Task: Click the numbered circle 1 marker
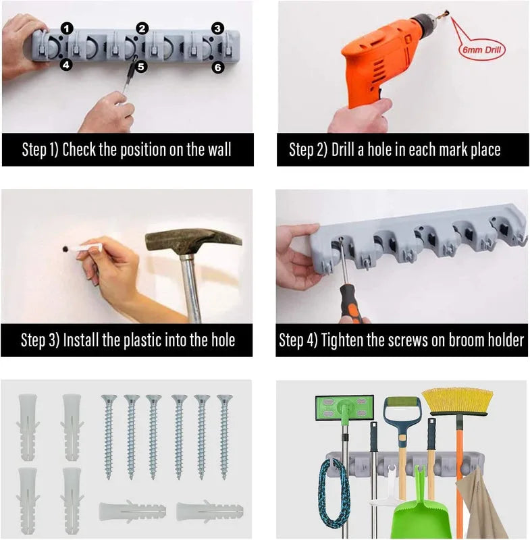pyautogui.click(x=67, y=28)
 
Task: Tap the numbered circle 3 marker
pyautogui.click(x=217, y=28)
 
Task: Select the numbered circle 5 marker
pyautogui.click(x=140, y=66)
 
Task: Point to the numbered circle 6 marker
pyautogui.click(x=217, y=67)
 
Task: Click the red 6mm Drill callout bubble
pyautogui.click(x=482, y=50)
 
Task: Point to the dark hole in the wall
pyautogui.click(x=65, y=248)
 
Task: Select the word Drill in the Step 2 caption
pyautogui.click(x=344, y=149)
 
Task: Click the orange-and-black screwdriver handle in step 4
pyautogui.click(x=350, y=303)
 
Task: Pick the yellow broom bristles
pyautogui.click(x=457, y=400)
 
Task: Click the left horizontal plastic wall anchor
pyautogui.click(x=132, y=512)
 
